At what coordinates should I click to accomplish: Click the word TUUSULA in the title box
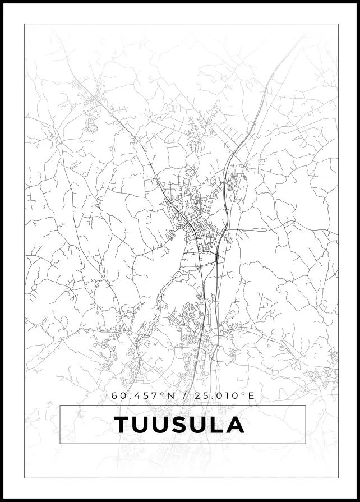(179, 425)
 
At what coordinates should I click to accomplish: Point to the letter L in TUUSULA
(217, 425)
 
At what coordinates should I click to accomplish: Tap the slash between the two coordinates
(185, 395)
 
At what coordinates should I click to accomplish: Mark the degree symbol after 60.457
(163, 393)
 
